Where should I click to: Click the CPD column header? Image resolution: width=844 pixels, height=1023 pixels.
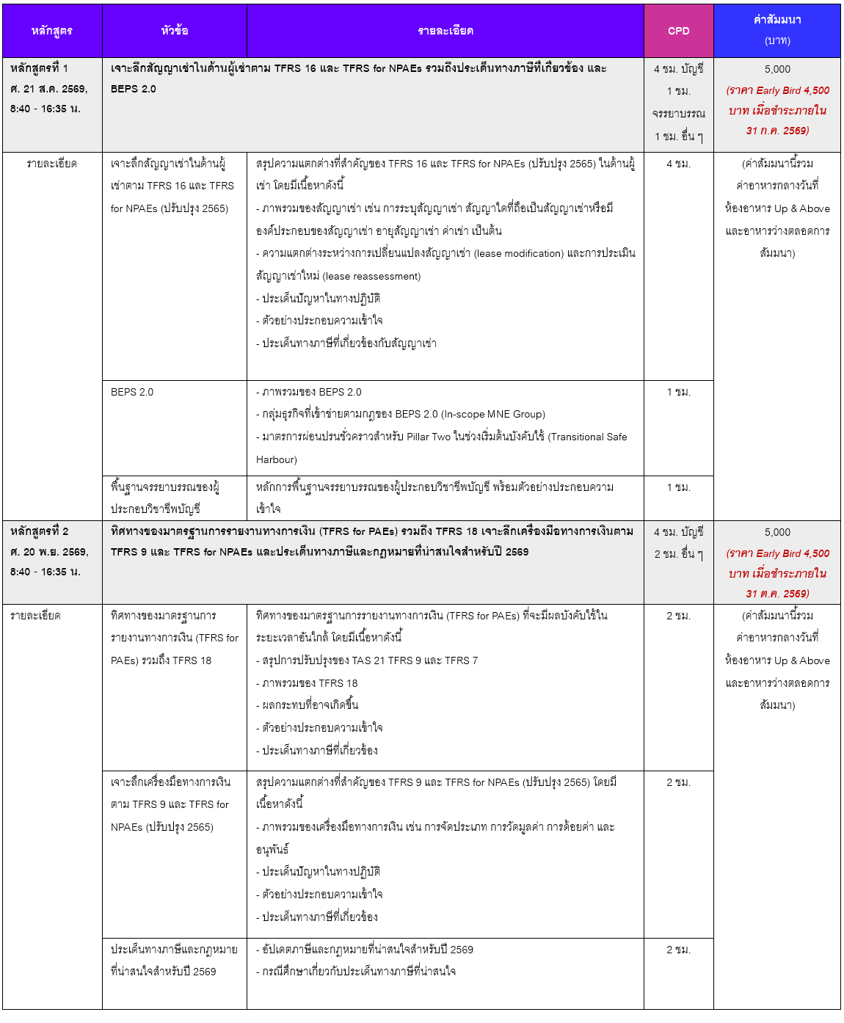pyautogui.click(x=678, y=31)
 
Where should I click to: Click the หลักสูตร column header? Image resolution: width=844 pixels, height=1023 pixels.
pyautogui.click(x=51, y=31)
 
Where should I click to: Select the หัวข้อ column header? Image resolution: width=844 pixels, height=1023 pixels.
pyautogui.click(x=175, y=31)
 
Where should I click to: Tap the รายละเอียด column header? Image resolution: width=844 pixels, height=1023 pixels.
pyautogui.click(x=445, y=31)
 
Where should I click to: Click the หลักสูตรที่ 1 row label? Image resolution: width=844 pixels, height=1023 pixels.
pyautogui.click(x=39, y=68)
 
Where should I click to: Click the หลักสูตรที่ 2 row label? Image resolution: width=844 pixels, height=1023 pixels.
pyautogui.click(x=39, y=531)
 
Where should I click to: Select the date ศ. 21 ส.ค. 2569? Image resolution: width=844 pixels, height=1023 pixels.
pyautogui.click(x=48, y=89)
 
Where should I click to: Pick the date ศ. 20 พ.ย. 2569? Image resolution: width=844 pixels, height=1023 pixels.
pyautogui.click(x=49, y=552)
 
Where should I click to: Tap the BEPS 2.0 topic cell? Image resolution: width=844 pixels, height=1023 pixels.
pyautogui.click(x=132, y=392)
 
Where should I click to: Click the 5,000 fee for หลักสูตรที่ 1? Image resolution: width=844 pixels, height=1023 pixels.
pyautogui.click(x=777, y=69)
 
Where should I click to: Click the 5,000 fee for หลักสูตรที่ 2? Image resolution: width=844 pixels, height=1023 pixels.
pyautogui.click(x=777, y=532)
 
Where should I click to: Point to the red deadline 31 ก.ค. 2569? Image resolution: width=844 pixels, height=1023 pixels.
pyautogui.click(x=777, y=131)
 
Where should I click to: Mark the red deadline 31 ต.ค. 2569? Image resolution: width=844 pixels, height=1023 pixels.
pyautogui.click(x=777, y=594)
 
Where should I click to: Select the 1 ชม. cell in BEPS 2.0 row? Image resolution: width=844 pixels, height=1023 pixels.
pyautogui.click(x=678, y=392)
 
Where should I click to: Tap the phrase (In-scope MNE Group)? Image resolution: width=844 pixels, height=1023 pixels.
pyautogui.click(x=493, y=414)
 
